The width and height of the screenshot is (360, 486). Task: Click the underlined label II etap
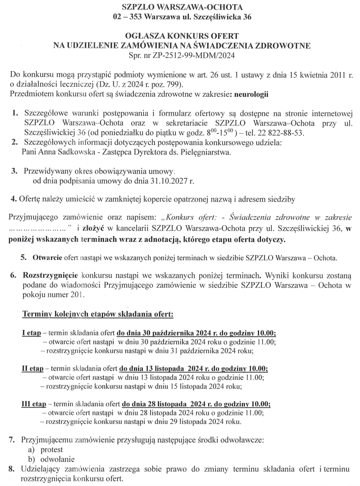[x=32, y=369]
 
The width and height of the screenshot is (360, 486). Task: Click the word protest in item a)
[x=52, y=449]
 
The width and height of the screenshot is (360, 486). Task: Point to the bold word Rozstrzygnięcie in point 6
[x=51, y=275]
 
